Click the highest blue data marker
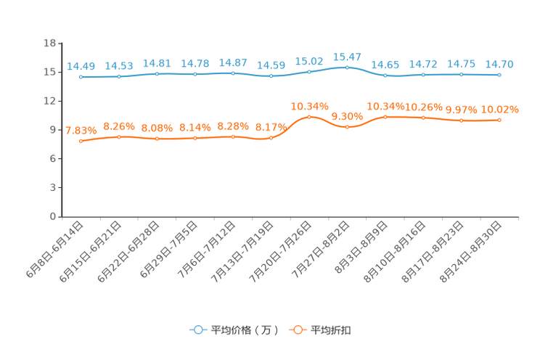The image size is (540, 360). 348,67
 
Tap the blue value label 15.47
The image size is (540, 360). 347,57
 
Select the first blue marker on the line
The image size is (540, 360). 81,76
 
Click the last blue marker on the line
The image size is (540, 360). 499,74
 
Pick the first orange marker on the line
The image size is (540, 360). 81,141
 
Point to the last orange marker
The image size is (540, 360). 499,120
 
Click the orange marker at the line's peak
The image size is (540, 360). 310,117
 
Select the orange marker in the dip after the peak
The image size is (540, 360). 348,127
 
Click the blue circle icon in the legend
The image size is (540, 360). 197,330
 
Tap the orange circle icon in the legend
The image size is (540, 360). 298,330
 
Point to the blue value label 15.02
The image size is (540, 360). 309,61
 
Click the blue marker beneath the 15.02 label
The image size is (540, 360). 310,71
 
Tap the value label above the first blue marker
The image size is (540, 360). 81,67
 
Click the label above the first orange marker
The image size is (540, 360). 81,131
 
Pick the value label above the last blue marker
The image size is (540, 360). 500,65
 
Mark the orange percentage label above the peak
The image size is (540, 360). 310,107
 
